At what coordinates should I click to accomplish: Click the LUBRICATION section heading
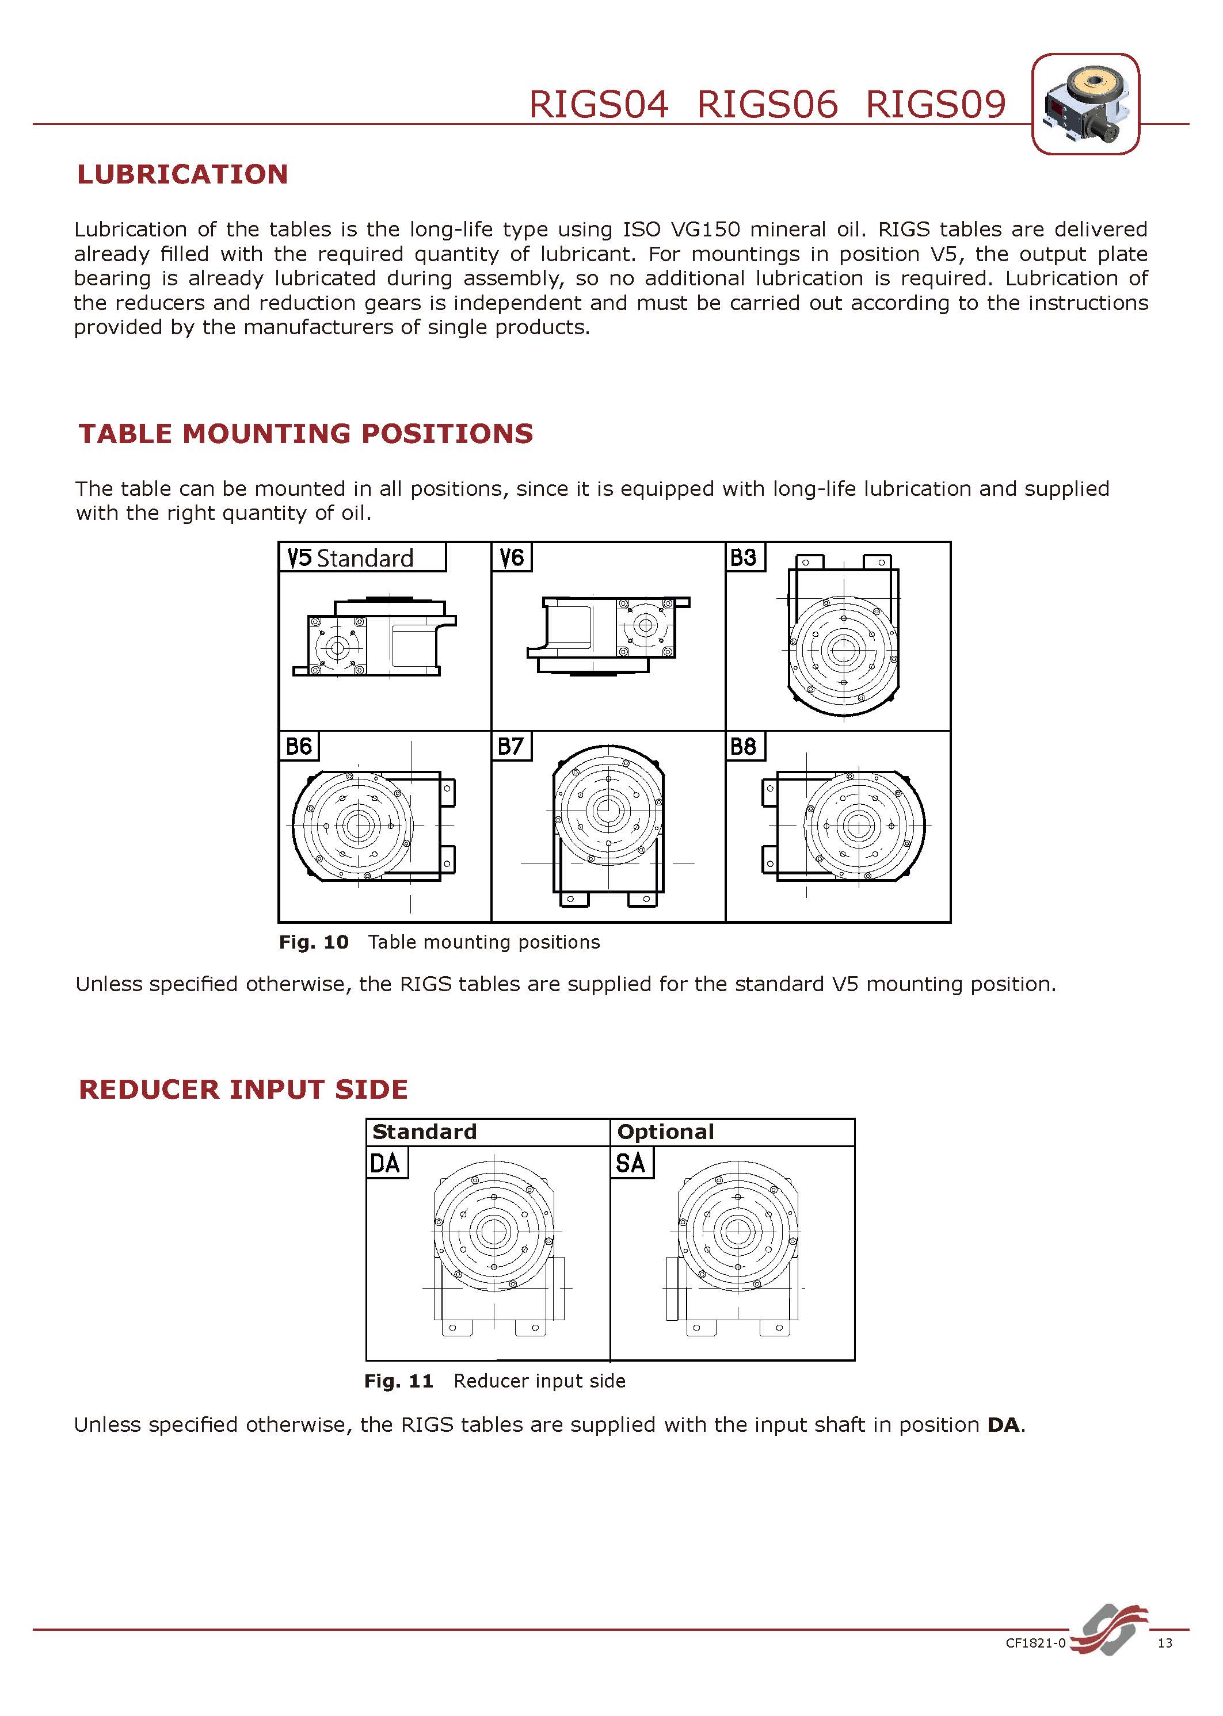pos(182,175)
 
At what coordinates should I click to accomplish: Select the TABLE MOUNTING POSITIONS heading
pos(306,434)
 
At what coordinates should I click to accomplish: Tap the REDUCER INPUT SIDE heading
pos(243,1089)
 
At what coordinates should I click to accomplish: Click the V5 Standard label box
pos(362,557)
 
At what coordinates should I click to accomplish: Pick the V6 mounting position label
pos(511,557)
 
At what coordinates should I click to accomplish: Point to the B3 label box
pos(744,557)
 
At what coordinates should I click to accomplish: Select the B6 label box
pos(298,746)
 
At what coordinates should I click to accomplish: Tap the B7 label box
pos(510,746)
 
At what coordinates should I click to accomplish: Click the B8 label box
pos(744,746)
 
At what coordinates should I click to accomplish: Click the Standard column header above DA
pos(425,1132)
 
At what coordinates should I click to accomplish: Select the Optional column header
pos(666,1132)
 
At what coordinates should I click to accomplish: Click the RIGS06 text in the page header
pos(767,105)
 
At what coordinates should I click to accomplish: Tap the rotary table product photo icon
pos(1085,105)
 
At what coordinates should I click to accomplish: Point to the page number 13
pos(1165,1643)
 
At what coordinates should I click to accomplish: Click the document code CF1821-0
pos(1036,1643)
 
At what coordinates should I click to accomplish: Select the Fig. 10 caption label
pos(314,942)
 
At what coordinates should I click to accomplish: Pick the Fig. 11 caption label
pos(399,1381)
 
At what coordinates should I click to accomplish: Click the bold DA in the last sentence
pos(1004,1425)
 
